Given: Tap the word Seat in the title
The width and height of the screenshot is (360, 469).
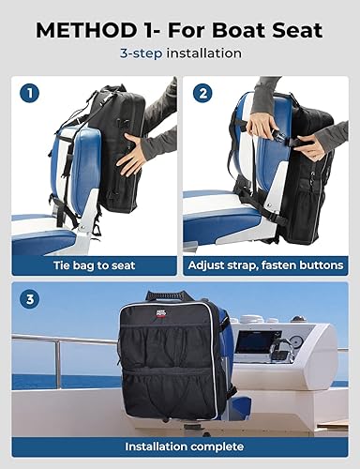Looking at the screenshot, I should pos(298,30).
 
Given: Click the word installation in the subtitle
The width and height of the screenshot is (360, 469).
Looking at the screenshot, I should pos(204,54).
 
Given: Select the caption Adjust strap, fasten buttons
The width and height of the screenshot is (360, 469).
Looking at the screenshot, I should pos(266,265).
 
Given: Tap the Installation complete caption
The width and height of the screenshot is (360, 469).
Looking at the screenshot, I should pos(180,446).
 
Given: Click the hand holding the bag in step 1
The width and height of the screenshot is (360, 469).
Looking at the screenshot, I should pos(131,150).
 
